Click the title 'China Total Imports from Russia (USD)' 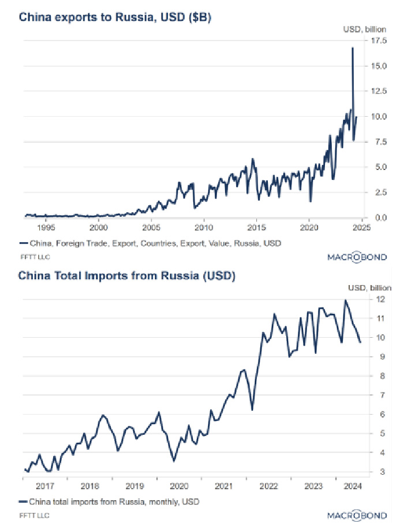click(x=126, y=276)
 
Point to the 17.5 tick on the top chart click(x=379, y=40)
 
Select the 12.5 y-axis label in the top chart click(x=379, y=91)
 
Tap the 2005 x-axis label click(x=151, y=228)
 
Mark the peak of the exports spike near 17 click(x=352, y=47)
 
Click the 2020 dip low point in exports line click(x=311, y=201)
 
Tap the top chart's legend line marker click(x=23, y=243)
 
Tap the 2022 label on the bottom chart click(x=268, y=486)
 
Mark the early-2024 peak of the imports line click(x=346, y=300)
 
